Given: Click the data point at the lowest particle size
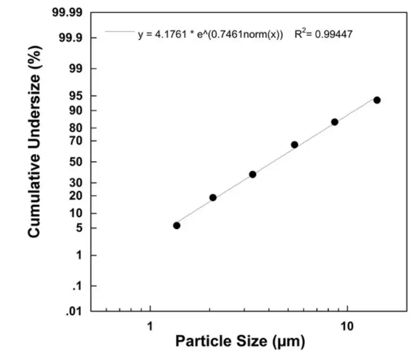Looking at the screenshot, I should [x=176, y=225].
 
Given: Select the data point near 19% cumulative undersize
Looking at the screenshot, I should [x=213, y=197].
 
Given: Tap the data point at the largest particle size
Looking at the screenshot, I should [x=376, y=100].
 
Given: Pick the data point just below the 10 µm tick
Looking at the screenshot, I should [x=335, y=122].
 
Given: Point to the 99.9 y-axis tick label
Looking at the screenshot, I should [x=71, y=38].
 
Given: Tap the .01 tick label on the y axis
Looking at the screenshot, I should [x=74, y=311].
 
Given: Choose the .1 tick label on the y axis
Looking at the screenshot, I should [x=76, y=287].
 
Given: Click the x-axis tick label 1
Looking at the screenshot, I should [x=150, y=325].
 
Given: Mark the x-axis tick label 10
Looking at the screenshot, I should [x=348, y=325].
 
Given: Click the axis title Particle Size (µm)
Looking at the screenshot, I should [x=240, y=341].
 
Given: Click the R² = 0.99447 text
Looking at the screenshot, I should [x=323, y=34].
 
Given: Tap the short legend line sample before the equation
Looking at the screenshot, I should [x=120, y=32].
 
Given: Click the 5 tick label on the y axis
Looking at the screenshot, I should [x=79, y=228].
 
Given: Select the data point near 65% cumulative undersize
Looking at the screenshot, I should [x=294, y=144].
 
